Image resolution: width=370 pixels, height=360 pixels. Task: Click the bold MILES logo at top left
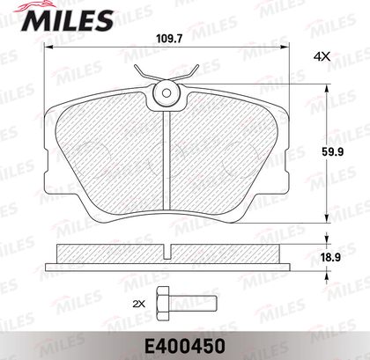pos(67,19)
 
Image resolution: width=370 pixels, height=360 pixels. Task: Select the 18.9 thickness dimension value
pos(331,257)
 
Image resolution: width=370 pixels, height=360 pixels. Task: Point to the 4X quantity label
pos(322,56)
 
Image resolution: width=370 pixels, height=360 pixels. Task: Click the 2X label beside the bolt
pos(139,305)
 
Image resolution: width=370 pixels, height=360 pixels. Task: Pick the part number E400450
pos(184,346)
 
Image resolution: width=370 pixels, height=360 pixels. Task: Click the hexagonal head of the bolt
pos(163,304)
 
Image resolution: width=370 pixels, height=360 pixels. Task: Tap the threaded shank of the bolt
pos(193,304)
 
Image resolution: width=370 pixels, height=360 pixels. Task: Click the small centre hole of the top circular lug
pos(166,93)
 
